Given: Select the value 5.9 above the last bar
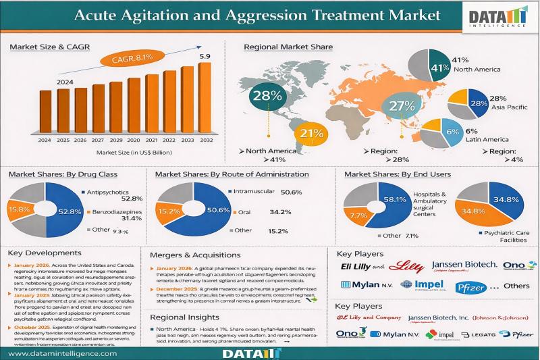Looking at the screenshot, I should [205, 56].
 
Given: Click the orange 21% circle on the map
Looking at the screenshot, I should [311, 134].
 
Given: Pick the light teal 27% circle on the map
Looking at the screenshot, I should [401, 106].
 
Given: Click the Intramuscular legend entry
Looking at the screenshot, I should [256, 192].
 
